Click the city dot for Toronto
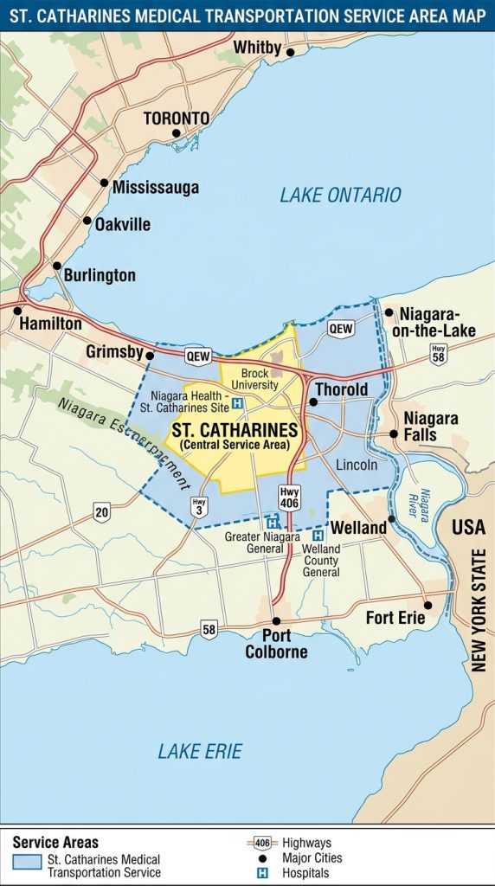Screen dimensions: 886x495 click(176, 133)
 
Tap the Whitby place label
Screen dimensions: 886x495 click(257, 48)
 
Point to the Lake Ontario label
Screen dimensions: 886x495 click(340, 195)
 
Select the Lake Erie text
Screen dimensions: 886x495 click(200, 751)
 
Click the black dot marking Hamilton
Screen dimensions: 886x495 click(17, 310)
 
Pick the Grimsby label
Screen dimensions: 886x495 click(114, 352)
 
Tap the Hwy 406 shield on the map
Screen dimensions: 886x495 click(289, 498)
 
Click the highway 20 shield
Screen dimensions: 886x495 click(102, 513)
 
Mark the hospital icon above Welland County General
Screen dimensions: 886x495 click(318, 536)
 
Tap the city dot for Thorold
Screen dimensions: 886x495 click(313, 402)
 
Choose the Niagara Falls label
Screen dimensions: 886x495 click(430, 426)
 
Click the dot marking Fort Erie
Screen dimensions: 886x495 click(427, 605)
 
